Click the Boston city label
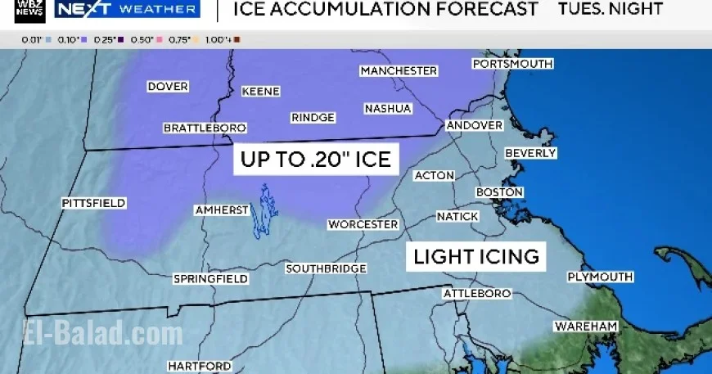499,192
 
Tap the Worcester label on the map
363,224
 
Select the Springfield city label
210,279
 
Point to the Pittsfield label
93,203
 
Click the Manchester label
399,71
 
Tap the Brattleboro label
205,128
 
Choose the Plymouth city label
600,277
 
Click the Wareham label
585,327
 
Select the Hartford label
200,366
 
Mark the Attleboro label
476,293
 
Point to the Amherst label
221,210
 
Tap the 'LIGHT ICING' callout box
476,256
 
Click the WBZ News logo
29,11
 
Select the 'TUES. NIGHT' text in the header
610,10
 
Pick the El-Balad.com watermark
102,333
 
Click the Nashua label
388,108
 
